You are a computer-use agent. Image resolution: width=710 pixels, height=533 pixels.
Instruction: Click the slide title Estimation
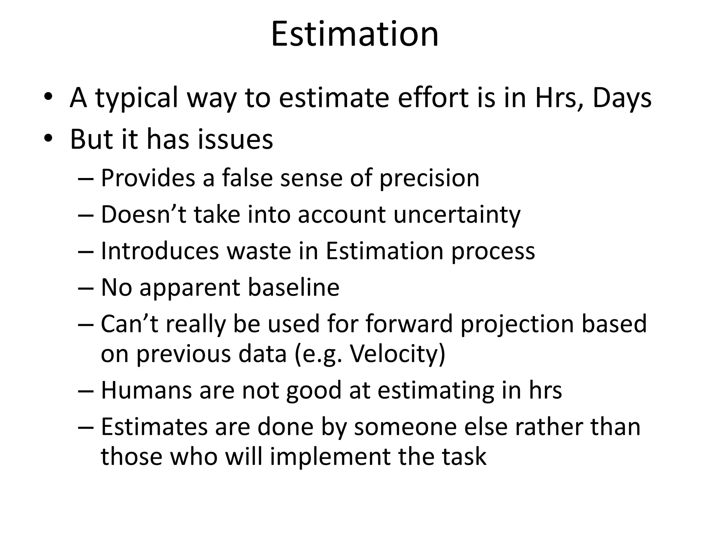[x=355, y=34]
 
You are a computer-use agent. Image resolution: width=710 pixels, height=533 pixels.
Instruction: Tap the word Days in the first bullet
[x=622, y=98]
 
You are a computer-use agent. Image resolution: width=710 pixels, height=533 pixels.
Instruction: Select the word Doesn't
[x=144, y=214]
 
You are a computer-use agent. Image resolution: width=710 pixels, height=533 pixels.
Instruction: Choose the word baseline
[x=294, y=287]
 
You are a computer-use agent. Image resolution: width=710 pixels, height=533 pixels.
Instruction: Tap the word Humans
[x=146, y=390]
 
